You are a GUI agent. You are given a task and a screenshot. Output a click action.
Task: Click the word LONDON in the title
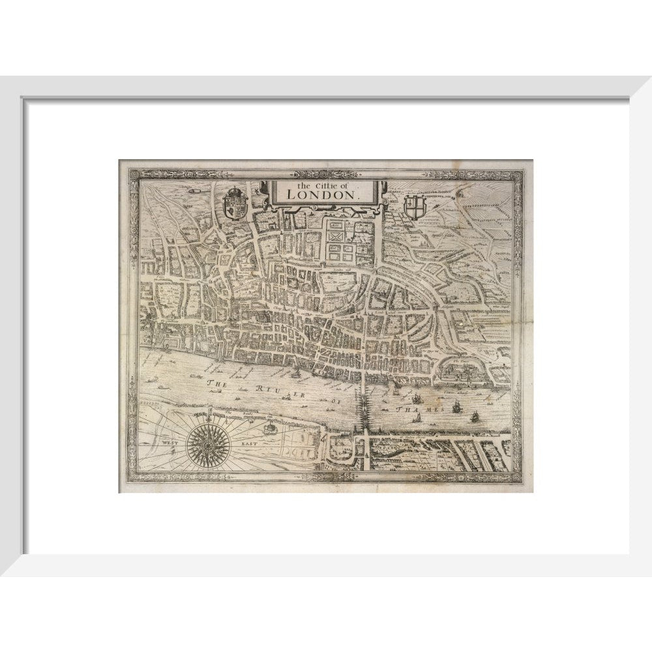click(x=323, y=193)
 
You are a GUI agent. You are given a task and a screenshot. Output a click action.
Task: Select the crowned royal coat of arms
click(x=235, y=203)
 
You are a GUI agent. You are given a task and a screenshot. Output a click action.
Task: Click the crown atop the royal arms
click(x=235, y=191)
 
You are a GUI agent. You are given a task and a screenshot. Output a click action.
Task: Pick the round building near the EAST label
click(x=269, y=428)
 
